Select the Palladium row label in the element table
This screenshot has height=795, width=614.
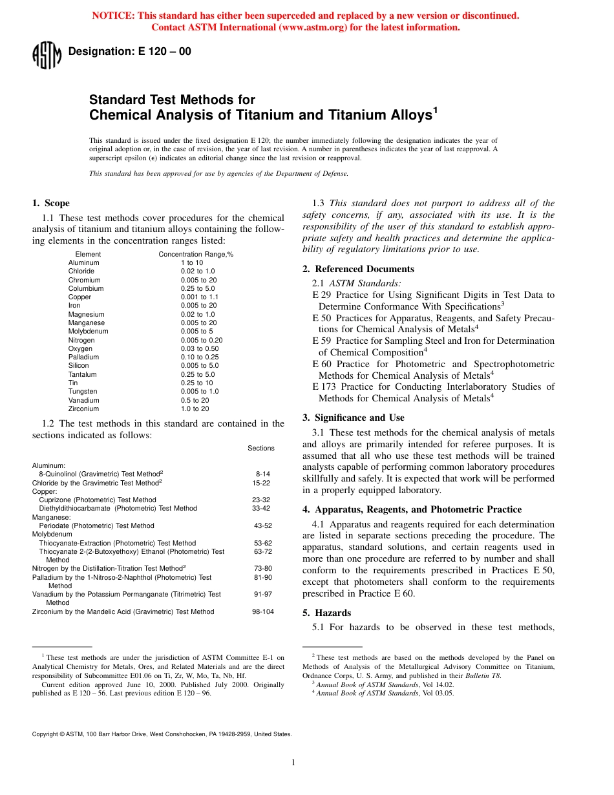tap(83, 357)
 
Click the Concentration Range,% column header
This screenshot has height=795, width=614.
tap(196, 255)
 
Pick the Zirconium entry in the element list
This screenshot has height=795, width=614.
tap(83, 408)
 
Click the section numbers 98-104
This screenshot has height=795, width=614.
tap(262, 611)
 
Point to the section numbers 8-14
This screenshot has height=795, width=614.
tap(262, 474)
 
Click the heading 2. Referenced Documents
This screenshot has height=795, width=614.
tap(358, 269)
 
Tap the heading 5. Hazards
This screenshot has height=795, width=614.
tap(333, 613)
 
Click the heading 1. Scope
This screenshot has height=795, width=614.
tap(51, 203)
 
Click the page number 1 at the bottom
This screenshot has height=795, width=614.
tap(293, 763)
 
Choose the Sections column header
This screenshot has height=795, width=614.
tap(260, 448)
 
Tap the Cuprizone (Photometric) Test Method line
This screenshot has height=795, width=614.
tap(97, 500)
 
